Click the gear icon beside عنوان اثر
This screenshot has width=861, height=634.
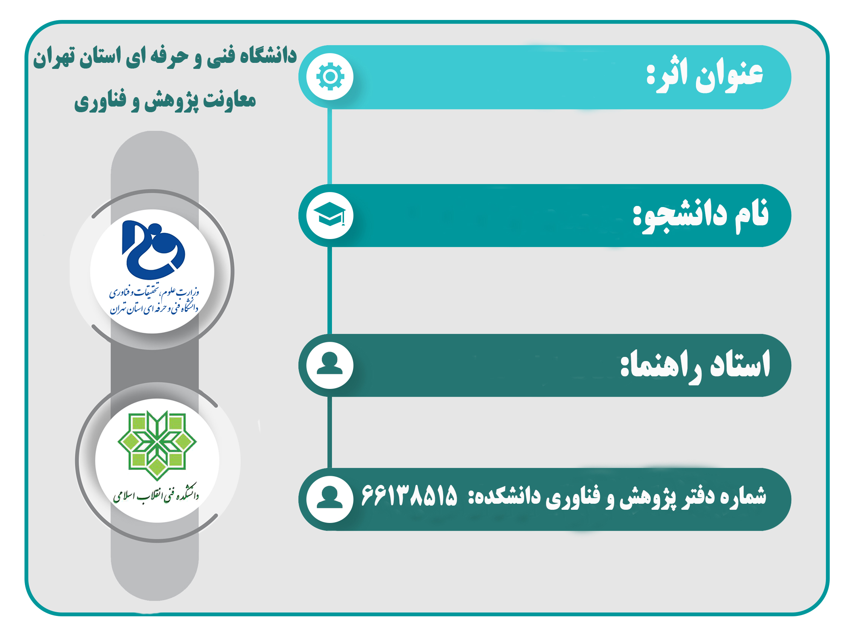pos(330,77)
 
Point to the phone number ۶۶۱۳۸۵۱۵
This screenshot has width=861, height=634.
pos(409,495)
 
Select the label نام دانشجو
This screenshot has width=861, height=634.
pos(701,215)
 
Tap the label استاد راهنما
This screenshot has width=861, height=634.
pos(696,364)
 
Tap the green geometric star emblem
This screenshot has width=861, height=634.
pos(157,445)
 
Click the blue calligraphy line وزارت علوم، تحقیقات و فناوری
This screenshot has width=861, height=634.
pos(154,293)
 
